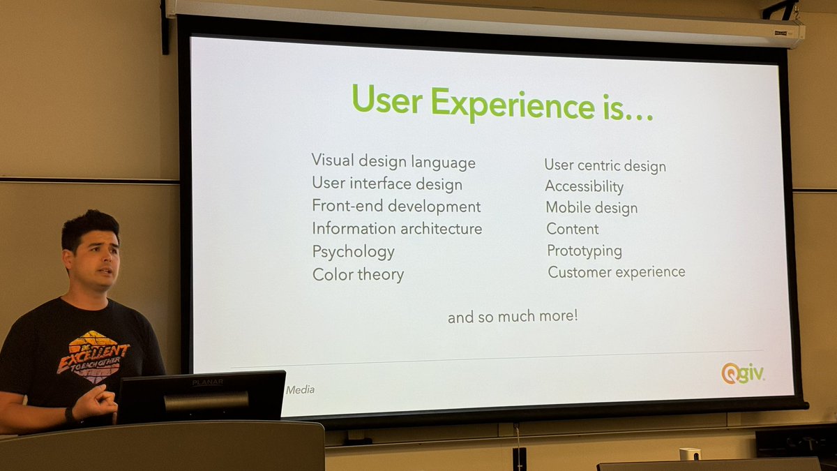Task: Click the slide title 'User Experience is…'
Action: point(502,102)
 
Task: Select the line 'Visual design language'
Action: point(393,162)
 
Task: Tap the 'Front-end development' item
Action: point(396,207)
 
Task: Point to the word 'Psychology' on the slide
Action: point(353,251)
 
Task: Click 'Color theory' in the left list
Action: point(358,274)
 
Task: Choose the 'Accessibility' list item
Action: point(584,186)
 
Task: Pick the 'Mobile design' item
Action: point(591,207)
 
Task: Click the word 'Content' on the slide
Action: point(572,229)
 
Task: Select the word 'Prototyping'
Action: point(584,251)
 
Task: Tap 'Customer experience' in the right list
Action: point(616,272)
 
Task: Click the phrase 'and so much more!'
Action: point(512,317)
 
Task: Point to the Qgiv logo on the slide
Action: point(742,373)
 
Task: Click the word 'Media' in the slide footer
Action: point(300,390)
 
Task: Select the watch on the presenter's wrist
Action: point(70,415)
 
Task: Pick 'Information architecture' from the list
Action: point(397,229)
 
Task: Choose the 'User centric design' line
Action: point(605,166)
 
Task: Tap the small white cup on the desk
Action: point(689,454)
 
